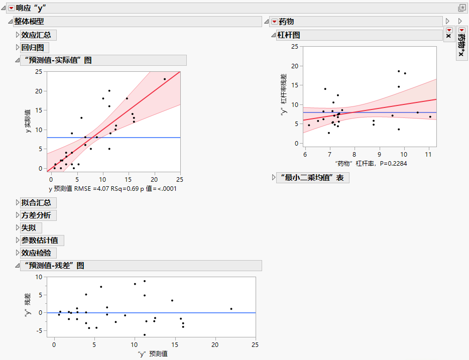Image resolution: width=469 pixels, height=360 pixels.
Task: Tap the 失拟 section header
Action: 28,228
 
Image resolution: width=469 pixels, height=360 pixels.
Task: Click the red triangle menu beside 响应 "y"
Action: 11,8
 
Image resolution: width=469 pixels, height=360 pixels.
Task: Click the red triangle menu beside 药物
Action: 274,22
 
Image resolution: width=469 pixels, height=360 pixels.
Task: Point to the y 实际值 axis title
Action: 29,121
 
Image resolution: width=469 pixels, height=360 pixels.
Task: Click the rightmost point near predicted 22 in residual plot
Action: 231,309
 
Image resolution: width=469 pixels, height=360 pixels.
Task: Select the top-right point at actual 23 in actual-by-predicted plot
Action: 165,79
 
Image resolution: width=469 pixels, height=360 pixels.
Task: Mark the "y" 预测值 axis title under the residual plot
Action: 153,354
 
